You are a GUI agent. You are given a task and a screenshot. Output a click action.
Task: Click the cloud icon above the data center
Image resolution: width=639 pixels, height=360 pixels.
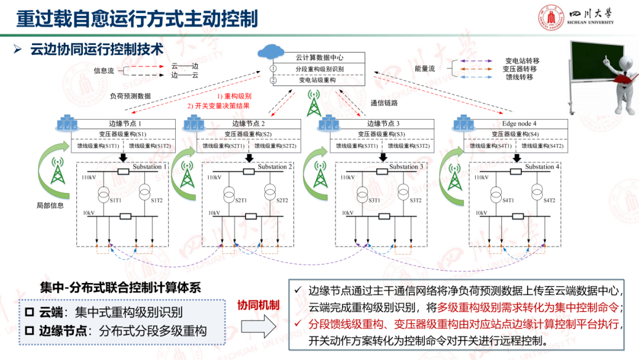point(273,50)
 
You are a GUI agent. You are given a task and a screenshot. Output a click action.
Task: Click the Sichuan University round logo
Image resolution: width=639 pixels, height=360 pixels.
point(548,18)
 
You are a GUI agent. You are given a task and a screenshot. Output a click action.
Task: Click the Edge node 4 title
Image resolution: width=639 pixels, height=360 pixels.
point(519,123)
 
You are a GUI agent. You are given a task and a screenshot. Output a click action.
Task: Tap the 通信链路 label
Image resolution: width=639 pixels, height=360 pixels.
point(385,102)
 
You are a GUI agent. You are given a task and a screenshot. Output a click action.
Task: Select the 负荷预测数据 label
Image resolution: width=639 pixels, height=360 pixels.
point(130,95)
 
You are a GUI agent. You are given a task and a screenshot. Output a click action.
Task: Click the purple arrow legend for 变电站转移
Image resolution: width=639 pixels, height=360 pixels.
point(472,61)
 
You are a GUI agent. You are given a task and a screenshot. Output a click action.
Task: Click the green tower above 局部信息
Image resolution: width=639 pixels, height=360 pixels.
point(58,172)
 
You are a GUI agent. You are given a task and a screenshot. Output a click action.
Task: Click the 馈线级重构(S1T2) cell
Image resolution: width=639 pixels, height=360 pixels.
point(150,146)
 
